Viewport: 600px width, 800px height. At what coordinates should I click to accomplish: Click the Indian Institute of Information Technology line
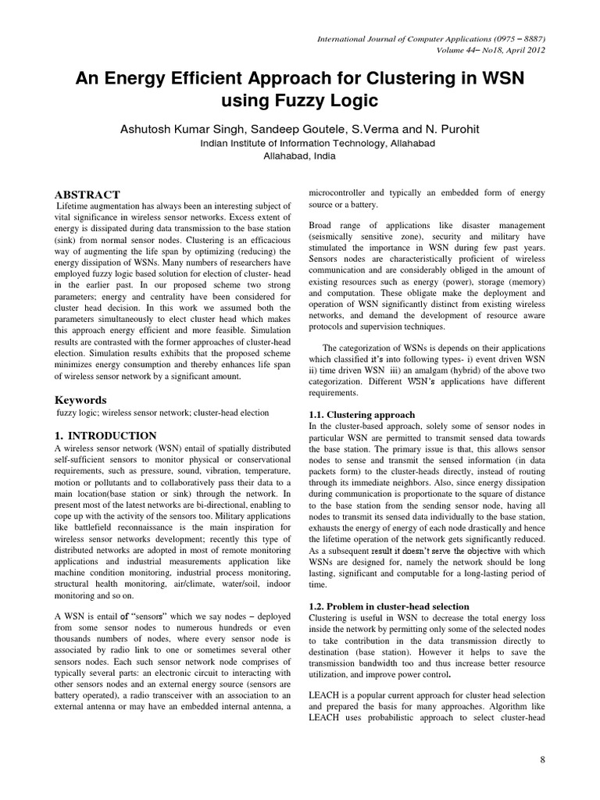pos(299,143)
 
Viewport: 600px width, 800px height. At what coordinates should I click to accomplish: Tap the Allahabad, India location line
pos(300,155)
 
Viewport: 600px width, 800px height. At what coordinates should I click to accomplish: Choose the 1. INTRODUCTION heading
pos(105,435)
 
